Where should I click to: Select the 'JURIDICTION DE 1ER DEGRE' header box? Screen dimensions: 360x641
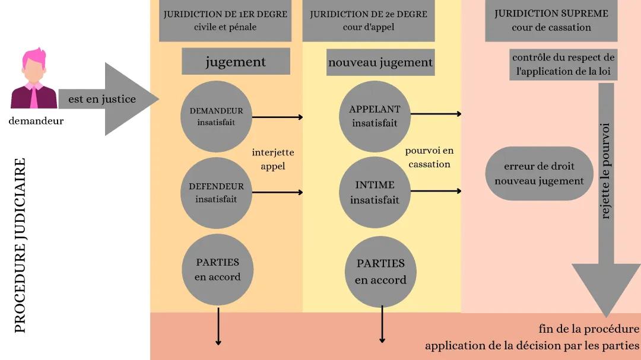pyautogui.click(x=225, y=21)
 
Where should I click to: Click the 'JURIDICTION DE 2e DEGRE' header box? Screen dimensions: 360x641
pyautogui.click(x=369, y=21)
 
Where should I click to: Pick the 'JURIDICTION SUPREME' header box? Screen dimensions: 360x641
pyautogui.click(x=551, y=21)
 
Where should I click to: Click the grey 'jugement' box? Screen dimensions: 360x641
pyautogui.click(x=236, y=62)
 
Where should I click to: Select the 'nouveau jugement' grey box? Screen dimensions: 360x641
pyautogui.click(x=380, y=62)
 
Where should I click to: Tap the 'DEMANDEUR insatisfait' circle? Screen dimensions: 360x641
pyautogui.click(x=216, y=116)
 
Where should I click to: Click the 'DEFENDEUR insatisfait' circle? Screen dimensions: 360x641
pyautogui.click(x=216, y=192)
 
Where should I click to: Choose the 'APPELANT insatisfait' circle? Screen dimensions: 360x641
pyautogui.click(x=375, y=116)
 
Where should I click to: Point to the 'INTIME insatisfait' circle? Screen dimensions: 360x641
pyautogui.click(x=375, y=192)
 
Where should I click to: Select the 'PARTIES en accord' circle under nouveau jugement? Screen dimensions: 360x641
pyautogui.click(x=380, y=271)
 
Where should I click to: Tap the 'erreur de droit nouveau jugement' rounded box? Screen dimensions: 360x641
pyautogui.click(x=539, y=173)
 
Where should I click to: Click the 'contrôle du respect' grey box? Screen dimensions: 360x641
pyautogui.click(x=563, y=65)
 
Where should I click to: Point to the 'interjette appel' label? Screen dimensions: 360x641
pyautogui.click(x=273, y=159)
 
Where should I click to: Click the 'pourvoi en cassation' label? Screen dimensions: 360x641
pyautogui.click(x=429, y=157)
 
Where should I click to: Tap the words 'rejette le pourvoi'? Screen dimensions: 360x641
pyautogui.click(x=605, y=171)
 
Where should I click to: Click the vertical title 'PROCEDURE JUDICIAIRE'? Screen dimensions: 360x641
pyautogui.click(x=20, y=245)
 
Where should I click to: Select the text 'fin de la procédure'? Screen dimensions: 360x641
pyautogui.click(x=589, y=329)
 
